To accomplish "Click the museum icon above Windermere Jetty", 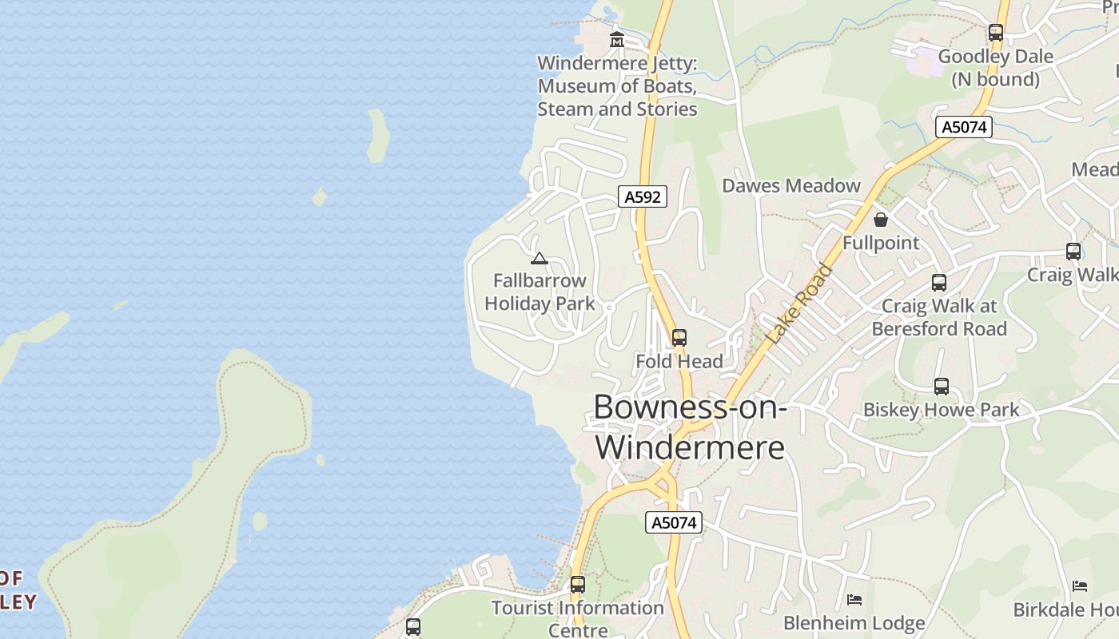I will (x=617, y=39).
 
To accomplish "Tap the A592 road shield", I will (x=643, y=196).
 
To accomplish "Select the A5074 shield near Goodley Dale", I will (x=964, y=127).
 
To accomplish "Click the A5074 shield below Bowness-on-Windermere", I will (x=673, y=523).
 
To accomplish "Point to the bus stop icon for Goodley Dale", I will (x=995, y=33).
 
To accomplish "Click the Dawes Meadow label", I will (x=790, y=186).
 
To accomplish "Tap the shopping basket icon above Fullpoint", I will (x=881, y=220).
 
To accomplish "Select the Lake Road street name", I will (x=798, y=304).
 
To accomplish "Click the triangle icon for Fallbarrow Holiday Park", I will (x=540, y=258).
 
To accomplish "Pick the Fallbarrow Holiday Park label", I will (x=540, y=292).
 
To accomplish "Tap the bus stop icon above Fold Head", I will (x=679, y=338).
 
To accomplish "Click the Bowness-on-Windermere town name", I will (x=690, y=427).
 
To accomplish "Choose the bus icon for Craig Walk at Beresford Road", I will (x=939, y=283).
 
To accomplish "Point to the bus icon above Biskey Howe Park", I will (x=942, y=387).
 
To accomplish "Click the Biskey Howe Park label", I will (x=941, y=411).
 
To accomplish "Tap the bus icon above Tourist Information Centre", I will (x=577, y=585).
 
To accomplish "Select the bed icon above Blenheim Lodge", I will (x=854, y=600).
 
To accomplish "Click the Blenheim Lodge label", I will (x=854, y=623).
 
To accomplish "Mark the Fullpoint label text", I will (x=881, y=243).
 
